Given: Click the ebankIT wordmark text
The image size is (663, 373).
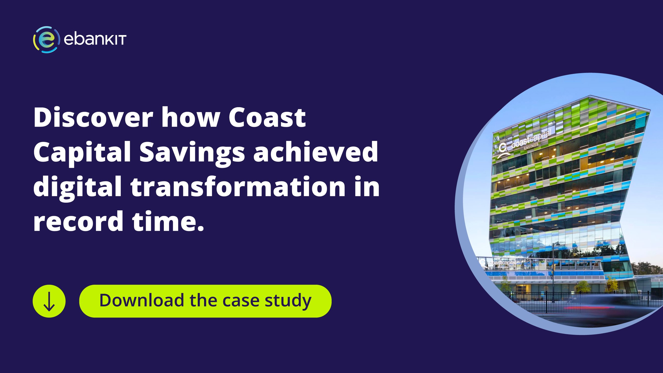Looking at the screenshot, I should [95, 40].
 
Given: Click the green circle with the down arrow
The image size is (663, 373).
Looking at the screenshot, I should [49, 301].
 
